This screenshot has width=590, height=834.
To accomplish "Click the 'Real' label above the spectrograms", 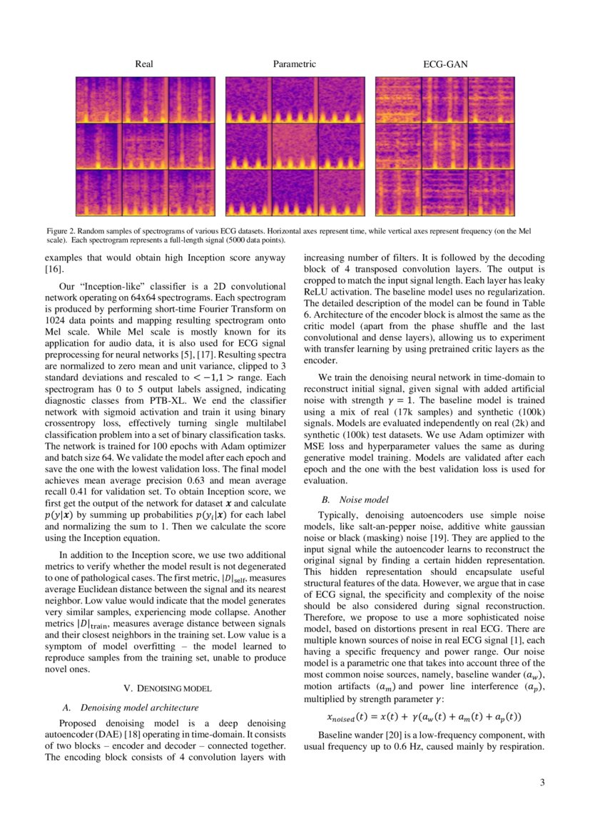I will point(143,64).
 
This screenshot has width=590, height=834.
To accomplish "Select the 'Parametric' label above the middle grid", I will point(294,64).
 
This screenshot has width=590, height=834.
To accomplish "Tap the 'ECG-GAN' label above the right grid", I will point(445,64).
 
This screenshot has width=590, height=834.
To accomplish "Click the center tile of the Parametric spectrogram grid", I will point(295,146).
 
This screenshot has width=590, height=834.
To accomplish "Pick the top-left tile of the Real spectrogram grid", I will point(98,100).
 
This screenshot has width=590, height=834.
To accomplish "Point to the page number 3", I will point(542,783).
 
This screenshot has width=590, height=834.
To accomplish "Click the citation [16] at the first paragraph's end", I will point(54,270).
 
